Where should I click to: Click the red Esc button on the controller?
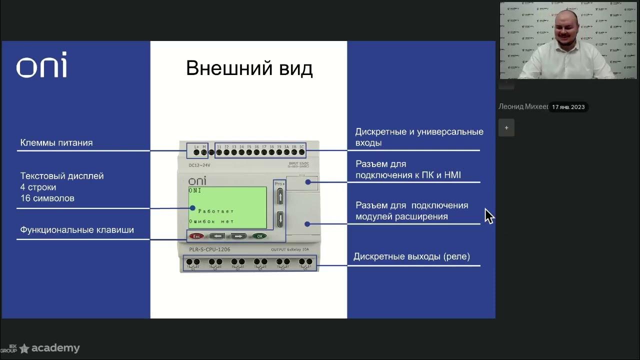click(x=196, y=236)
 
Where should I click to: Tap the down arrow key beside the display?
click(x=280, y=218)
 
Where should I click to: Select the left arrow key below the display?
click(x=217, y=236)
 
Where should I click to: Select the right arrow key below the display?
click(x=238, y=236)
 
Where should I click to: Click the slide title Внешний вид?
click(x=249, y=68)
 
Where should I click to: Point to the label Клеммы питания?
click(x=56, y=143)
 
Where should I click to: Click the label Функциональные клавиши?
click(x=77, y=230)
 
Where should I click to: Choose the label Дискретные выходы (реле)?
click(x=411, y=256)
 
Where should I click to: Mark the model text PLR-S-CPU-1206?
click(x=209, y=249)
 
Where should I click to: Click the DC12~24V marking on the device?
click(x=199, y=165)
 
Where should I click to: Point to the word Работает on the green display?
click(x=216, y=211)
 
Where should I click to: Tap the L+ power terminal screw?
click(x=196, y=152)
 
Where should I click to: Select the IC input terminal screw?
click(x=301, y=152)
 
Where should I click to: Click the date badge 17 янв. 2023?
click(x=568, y=107)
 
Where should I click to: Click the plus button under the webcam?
click(x=506, y=128)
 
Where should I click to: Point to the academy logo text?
click(x=55, y=348)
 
